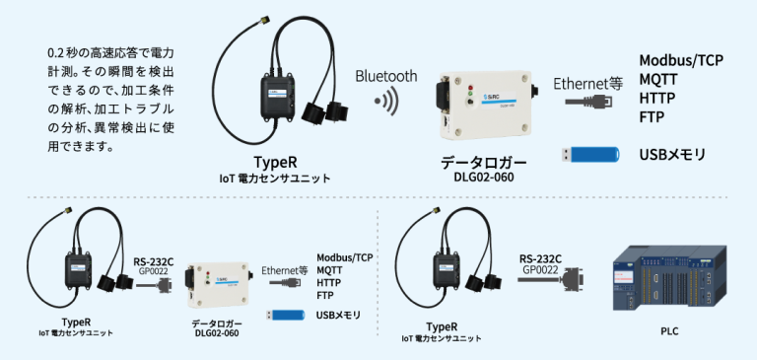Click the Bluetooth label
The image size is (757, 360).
386,76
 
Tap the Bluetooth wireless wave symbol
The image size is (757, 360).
390,101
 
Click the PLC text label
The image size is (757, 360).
669,332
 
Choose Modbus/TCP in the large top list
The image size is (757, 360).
681,60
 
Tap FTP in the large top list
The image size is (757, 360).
652,117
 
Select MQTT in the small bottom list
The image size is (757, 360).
330,269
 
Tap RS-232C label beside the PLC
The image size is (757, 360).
540,257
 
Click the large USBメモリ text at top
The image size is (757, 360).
673,155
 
